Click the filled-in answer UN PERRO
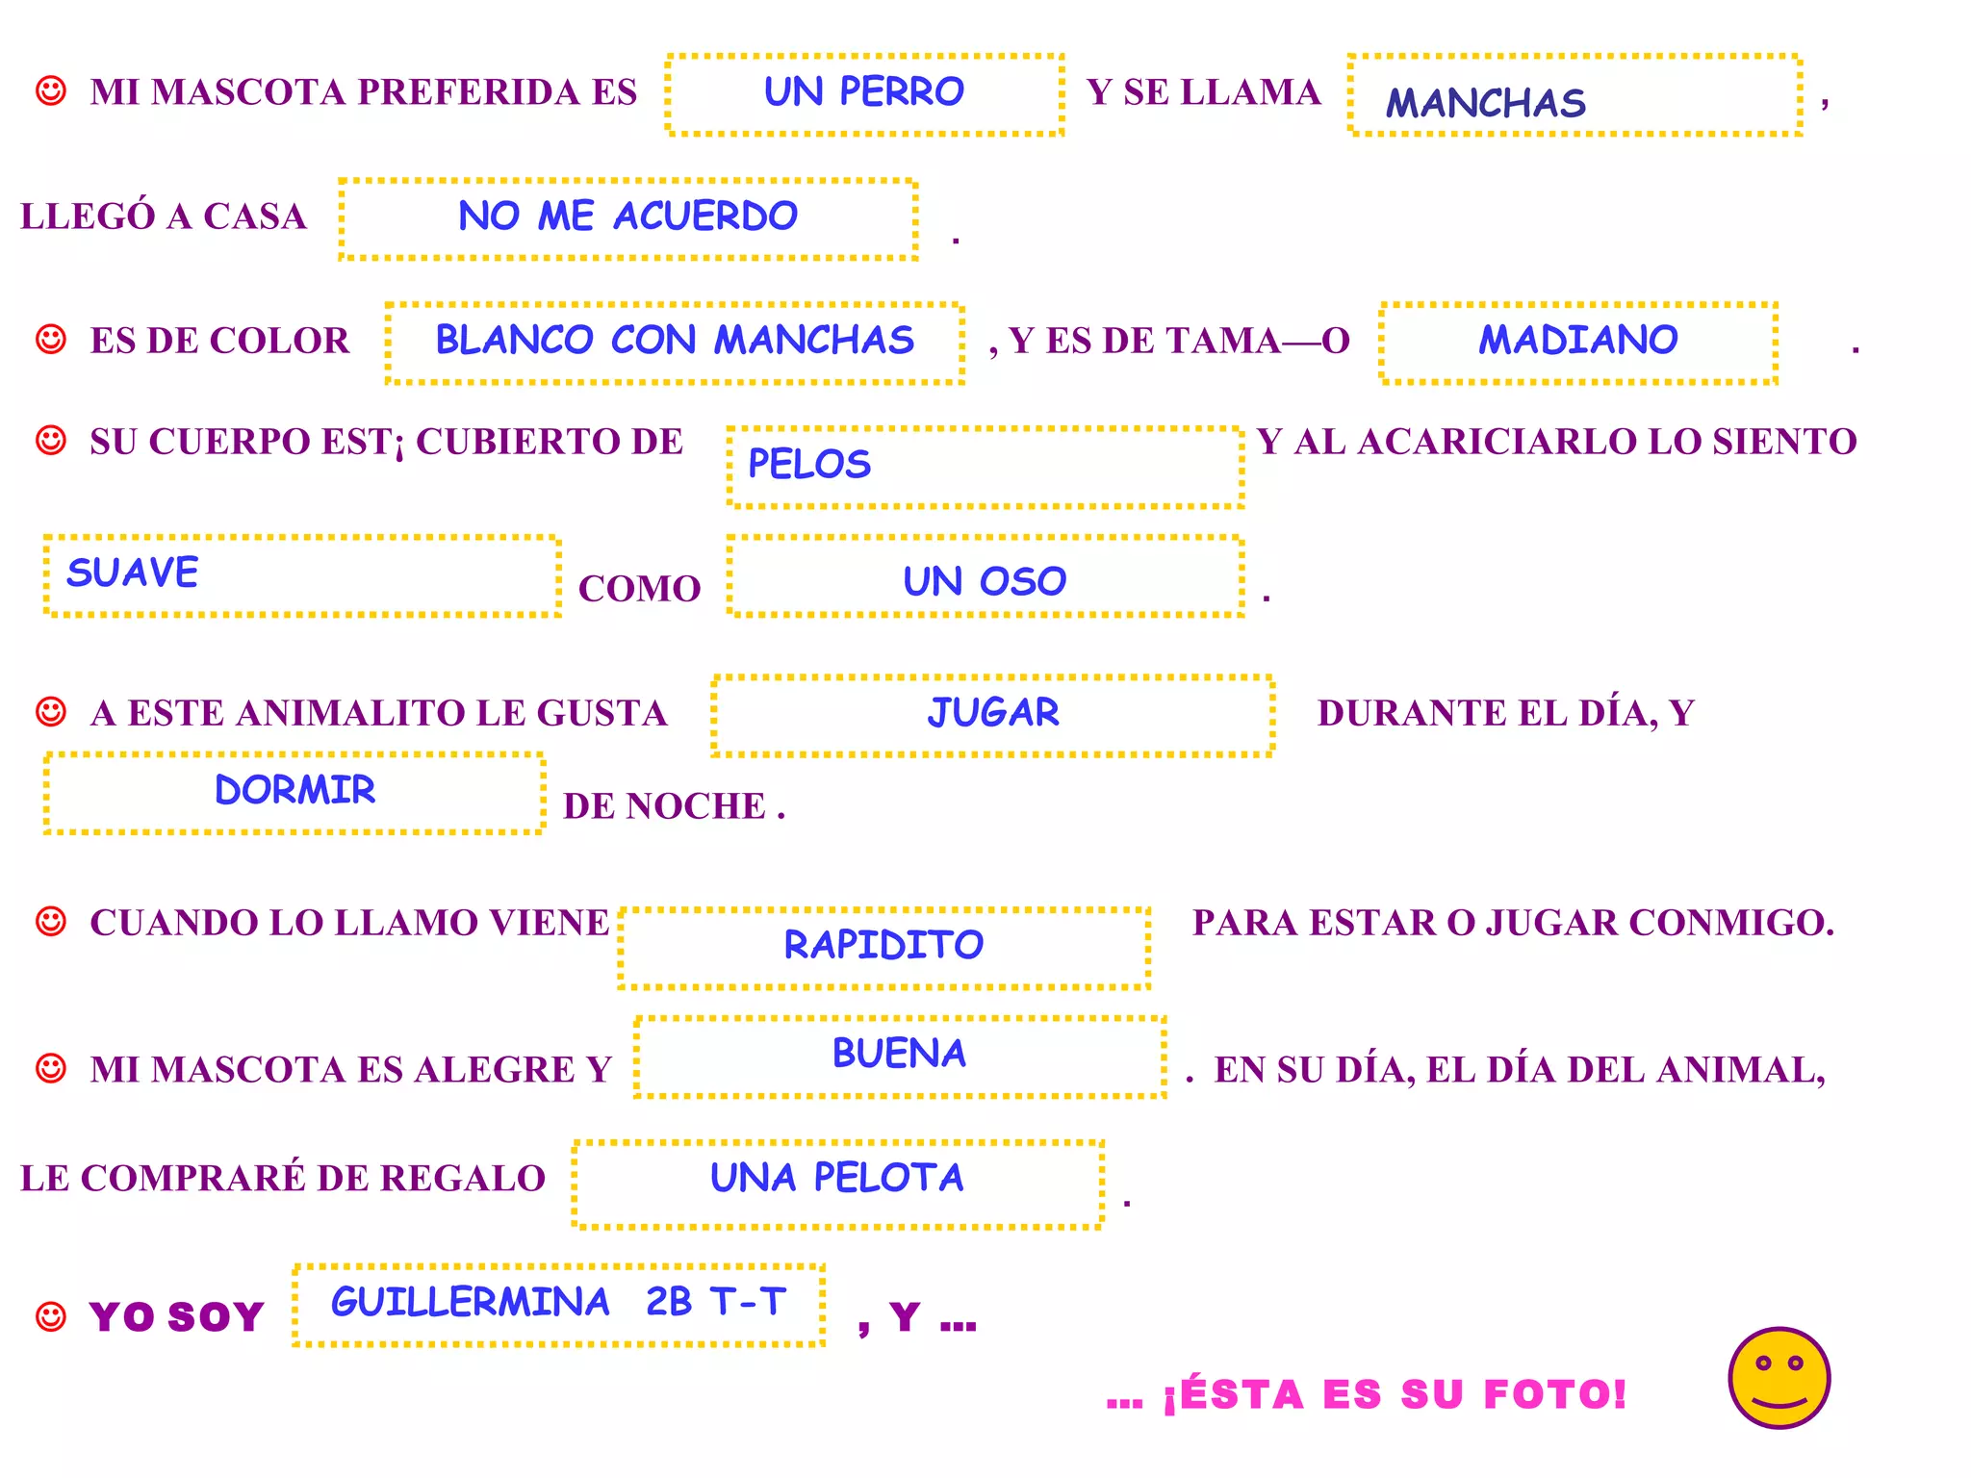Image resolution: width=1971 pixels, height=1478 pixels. pyautogui.click(x=863, y=92)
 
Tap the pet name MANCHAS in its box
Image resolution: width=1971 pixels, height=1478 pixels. pyautogui.click(x=1485, y=103)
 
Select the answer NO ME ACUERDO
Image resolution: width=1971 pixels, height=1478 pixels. pyautogui.click(x=627, y=217)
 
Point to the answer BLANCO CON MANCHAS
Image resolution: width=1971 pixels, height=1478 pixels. pyautogui.click(x=675, y=341)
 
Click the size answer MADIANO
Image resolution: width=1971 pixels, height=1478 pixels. pyautogui.click(x=1578, y=341)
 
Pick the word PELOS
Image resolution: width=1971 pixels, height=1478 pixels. pyautogui.click(x=809, y=465)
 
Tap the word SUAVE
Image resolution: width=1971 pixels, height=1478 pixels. pyautogui.click(x=133, y=573)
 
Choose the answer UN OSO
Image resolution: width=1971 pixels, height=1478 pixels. pyautogui.click(x=985, y=582)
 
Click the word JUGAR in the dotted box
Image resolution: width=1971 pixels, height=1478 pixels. pyautogui.click(x=993, y=713)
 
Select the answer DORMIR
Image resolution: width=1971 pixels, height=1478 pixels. pyautogui.click(x=294, y=790)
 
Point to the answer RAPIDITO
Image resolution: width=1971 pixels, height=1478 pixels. pyautogui.click(x=883, y=945)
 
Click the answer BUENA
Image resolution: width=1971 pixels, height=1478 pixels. pyautogui.click(x=899, y=1054)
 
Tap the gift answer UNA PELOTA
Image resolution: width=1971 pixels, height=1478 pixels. pyautogui.click(x=836, y=1178)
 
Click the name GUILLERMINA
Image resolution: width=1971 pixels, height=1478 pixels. pyautogui.click(x=471, y=1303)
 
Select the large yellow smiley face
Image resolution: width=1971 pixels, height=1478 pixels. pyautogui.click(x=1779, y=1378)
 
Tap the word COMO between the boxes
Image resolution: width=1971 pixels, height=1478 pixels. pyautogui.click(x=639, y=589)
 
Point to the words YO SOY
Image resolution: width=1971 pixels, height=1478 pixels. pyautogui.click(x=176, y=1317)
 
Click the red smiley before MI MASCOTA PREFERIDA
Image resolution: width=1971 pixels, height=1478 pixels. pyautogui.click(x=50, y=91)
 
